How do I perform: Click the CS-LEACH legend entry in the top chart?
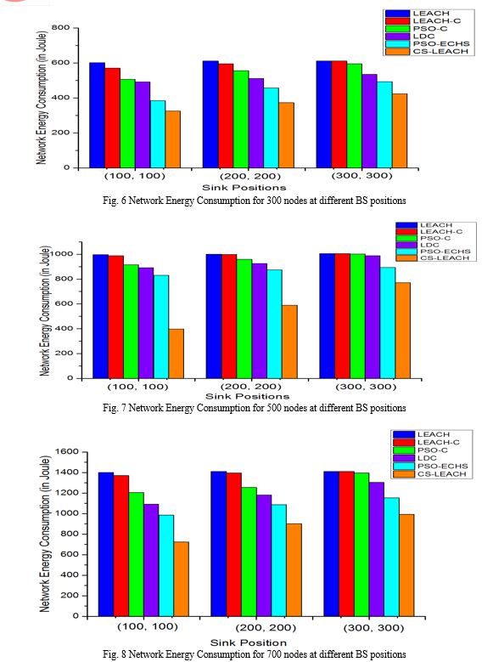click(427, 52)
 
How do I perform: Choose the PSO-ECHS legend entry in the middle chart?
click(434, 252)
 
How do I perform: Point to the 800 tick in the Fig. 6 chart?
click(61, 28)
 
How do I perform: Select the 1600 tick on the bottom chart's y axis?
click(67, 452)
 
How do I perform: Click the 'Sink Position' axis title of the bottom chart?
click(249, 642)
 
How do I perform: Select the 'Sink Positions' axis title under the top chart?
click(244, 188)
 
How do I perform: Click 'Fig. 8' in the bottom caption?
click(115, 654)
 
